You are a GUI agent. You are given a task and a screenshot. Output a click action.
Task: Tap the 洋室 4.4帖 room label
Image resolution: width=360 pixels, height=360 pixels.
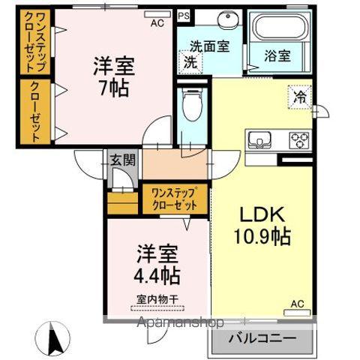[157, 264]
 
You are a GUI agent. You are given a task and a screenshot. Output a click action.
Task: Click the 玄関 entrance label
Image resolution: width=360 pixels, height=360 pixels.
[122, 159]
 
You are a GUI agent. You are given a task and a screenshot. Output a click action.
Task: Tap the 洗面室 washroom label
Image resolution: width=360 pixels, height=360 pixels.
[208, 46]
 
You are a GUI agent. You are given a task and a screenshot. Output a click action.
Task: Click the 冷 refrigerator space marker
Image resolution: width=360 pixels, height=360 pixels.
[299, 96]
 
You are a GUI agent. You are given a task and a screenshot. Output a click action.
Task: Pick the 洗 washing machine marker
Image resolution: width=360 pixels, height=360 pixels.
[190, 63]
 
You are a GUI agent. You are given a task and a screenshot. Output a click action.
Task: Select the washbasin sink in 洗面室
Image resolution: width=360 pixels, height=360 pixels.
[224, 19]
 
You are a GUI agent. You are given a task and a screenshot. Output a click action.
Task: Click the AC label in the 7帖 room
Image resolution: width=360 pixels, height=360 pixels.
[157, 23]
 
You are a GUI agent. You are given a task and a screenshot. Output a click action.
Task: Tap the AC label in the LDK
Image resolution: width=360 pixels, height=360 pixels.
[297, 304]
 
